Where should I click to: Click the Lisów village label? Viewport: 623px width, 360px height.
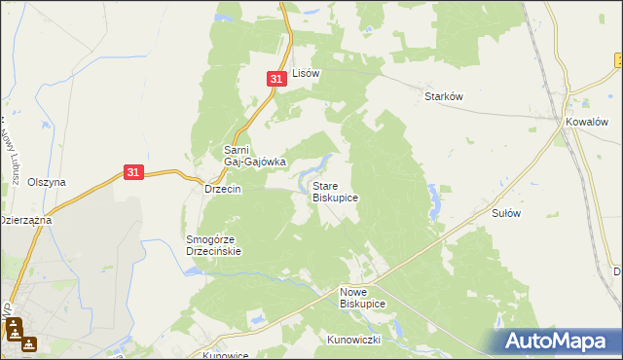pos(307,73)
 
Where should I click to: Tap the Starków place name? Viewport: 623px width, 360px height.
pos(442,96)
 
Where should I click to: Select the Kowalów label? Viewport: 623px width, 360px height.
pos(587,122)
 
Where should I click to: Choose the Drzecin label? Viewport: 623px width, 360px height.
pos(222,189)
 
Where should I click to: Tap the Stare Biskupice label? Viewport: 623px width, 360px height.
pos(335,191)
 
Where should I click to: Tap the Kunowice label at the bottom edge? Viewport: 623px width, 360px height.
pos(226,355)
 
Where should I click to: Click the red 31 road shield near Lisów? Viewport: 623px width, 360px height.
pos(276,78)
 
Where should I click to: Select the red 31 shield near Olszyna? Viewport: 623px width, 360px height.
pos(134,172)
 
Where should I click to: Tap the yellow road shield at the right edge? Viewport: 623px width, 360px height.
pos(619,60)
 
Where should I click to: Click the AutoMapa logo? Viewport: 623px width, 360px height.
pos(559,341)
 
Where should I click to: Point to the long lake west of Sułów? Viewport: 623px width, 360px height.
pos(432,200)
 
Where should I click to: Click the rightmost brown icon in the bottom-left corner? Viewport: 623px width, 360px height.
pos(30,342)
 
